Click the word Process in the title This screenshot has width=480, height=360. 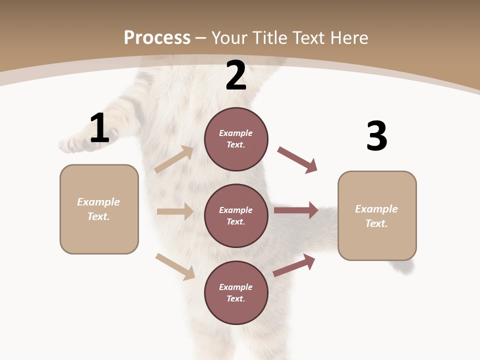pyautogui.click(x=157, y=38)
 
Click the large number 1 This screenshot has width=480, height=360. pyautogui.click(x=99, y=128)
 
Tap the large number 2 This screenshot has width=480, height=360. pyautogui.click(x=236, y=75)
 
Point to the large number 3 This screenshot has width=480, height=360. pyautogui.click(x=376, y=136)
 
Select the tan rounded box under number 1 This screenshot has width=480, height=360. pyautogui.click(x=99, y=209)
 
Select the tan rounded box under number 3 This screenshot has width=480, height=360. pyautogui.click(x=377, y=216)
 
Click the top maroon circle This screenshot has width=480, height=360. pyautogui.click(x=236, y=139)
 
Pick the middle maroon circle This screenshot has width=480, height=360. pyautogui.click(x=236, y=215)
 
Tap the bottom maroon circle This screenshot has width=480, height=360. pyautogui.click(x=236, y=292)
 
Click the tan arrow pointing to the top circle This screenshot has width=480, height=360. pyautogui.click(x=174, y=159)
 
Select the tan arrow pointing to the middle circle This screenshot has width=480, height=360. pyautogui.click(x=175, y=211)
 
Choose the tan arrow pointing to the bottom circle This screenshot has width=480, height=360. pyautogui.click(x=175, y=266)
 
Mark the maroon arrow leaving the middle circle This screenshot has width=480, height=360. pyautogui.click(x=296, y=210)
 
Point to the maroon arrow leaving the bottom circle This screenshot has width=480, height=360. pyautogui.click(x=294, y=265)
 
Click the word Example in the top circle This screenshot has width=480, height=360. pyautogui.click(x=236, y=133)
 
